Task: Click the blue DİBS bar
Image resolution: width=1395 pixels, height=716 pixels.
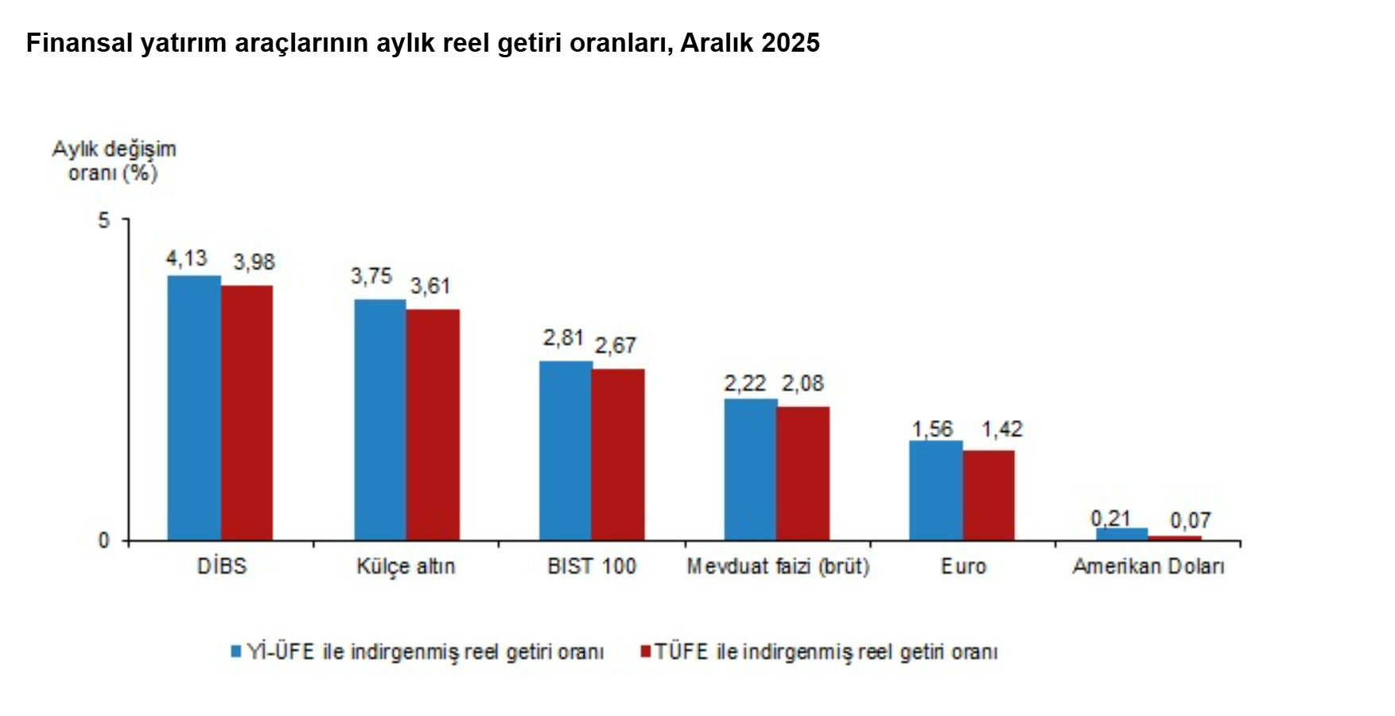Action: point(193,407)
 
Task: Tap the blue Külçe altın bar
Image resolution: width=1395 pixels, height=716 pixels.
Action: point(379,419)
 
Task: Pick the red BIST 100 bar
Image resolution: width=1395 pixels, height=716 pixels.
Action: point(618,454)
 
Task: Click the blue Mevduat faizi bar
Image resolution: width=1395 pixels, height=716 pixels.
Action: point(750,469)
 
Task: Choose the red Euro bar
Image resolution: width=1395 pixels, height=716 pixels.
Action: point(989,495)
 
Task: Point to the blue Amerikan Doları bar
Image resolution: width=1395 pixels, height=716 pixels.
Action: point(1121,534)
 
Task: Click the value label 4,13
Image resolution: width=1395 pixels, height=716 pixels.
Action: point(186,259)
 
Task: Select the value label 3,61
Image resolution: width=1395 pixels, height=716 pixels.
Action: point(430,286)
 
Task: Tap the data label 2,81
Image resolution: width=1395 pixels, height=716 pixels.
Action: point(563,338)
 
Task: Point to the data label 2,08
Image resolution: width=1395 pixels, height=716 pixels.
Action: point(802,383)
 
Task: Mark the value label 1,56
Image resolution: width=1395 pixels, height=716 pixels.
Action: point(932,430)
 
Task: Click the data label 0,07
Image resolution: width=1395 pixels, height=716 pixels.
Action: point(1190,520)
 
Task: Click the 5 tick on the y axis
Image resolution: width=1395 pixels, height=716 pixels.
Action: point(104,220)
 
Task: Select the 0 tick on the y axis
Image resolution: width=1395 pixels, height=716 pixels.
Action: point(104,541)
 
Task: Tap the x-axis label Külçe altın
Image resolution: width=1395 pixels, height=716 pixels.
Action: point(406,566)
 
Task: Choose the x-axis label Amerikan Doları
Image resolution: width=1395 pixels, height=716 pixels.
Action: point(1148,566)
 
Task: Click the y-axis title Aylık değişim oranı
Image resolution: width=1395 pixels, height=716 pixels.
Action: point(114,161)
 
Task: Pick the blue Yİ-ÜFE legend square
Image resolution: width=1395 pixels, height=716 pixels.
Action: point(235,652)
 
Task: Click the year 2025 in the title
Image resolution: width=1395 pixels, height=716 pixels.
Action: point(790,43)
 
